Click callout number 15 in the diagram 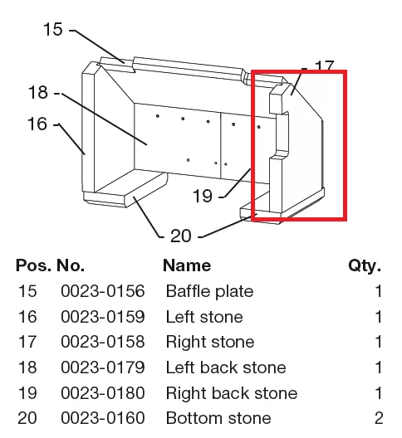[x=53, y=29]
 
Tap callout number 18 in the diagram [x=37, y=92]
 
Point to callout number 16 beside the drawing [x=37, y=124]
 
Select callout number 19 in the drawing [x=203, y=196]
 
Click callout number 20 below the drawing [x=181, y=236]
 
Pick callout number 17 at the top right [x=325, y=66]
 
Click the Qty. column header [x=365, y=265]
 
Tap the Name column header [x=187, y=265]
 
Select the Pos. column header [x=33, y=265]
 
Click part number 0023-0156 [x=103, y=291]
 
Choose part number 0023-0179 [x=103, y=367]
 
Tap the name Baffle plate [x=210, y=291]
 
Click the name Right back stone [x=232, y=393]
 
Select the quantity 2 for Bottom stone [x=379, y=418]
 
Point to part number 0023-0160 [x=103, y=418]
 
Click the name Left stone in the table [x=204, y=317]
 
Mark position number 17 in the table [x=27, y=342]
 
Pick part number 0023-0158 [x=103, y=342]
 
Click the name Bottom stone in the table [x=218, y=418]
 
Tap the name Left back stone [x=226, y=367]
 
